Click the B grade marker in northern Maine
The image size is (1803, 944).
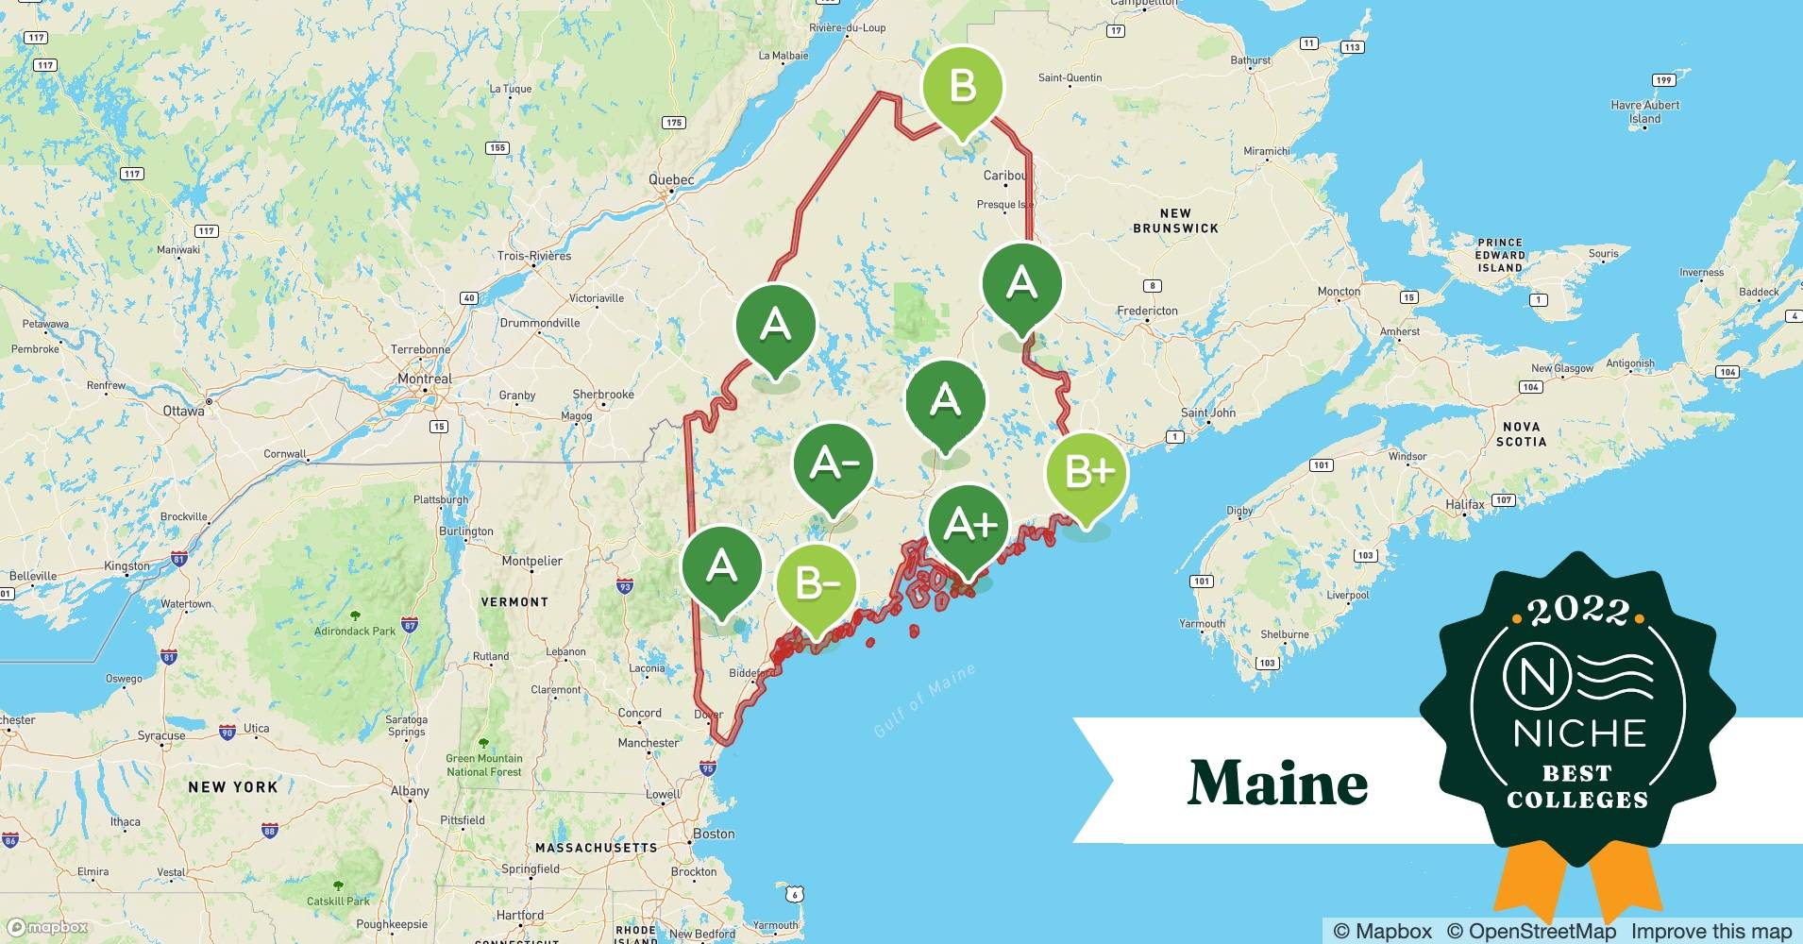tap(962, 87)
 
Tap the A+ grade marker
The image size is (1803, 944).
tap(969, 525)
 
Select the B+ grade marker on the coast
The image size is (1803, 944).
tap(1087, 471)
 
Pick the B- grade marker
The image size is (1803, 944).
tap(816, 584)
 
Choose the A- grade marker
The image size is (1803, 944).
tap(833, 464)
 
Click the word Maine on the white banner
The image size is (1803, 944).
tap(1277, 783)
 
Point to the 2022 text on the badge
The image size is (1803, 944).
tap(1577, 612)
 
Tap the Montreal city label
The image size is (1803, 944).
tap(425, 379)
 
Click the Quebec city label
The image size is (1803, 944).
tap(671, 179)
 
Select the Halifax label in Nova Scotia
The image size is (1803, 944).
tap(1464, 505)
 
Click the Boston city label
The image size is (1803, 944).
tap(714, 834)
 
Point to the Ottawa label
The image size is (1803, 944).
tap(183, 411)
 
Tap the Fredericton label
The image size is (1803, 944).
tap(1147, 311)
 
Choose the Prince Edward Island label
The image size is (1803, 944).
tap(1500, 255)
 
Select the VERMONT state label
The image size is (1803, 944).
tap(514, 601)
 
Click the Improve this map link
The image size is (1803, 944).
tap(1710, 931)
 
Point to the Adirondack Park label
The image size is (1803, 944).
tap(355, 631)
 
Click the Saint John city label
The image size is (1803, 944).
tap(1207, 413)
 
